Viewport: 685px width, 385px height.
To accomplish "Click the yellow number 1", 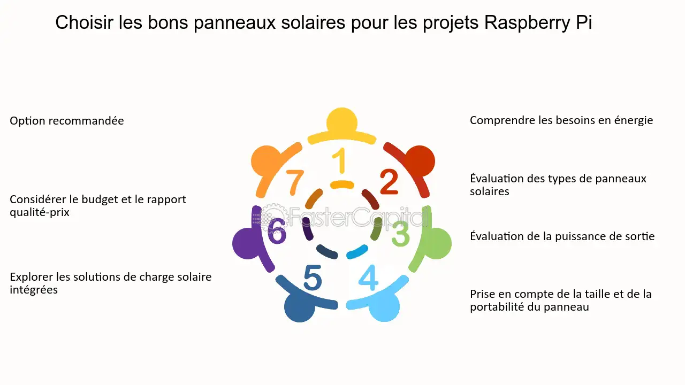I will point(339,161).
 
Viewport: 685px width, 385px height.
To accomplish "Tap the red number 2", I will point(389,182).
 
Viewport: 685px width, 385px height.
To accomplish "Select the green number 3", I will point(400,234).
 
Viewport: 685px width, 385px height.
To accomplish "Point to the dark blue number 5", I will point(313,278).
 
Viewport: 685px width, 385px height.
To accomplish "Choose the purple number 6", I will point(277,232).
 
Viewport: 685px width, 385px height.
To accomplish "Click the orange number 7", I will point(295,182).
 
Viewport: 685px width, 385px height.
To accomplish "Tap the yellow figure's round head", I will point(342,122).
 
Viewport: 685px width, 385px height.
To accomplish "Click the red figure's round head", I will point(419,160).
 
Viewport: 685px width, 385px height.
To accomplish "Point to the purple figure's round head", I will point(248,244).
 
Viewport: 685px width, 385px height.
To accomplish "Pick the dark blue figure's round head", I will point(299,307).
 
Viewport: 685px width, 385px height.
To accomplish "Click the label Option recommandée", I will point(67,121).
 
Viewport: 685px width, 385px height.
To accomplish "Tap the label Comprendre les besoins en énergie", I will point(561,120).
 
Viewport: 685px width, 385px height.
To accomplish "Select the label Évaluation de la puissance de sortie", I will point(562,236).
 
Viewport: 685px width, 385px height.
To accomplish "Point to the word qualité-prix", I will point(40,212).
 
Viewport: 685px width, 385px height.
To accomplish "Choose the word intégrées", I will point(34,290).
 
